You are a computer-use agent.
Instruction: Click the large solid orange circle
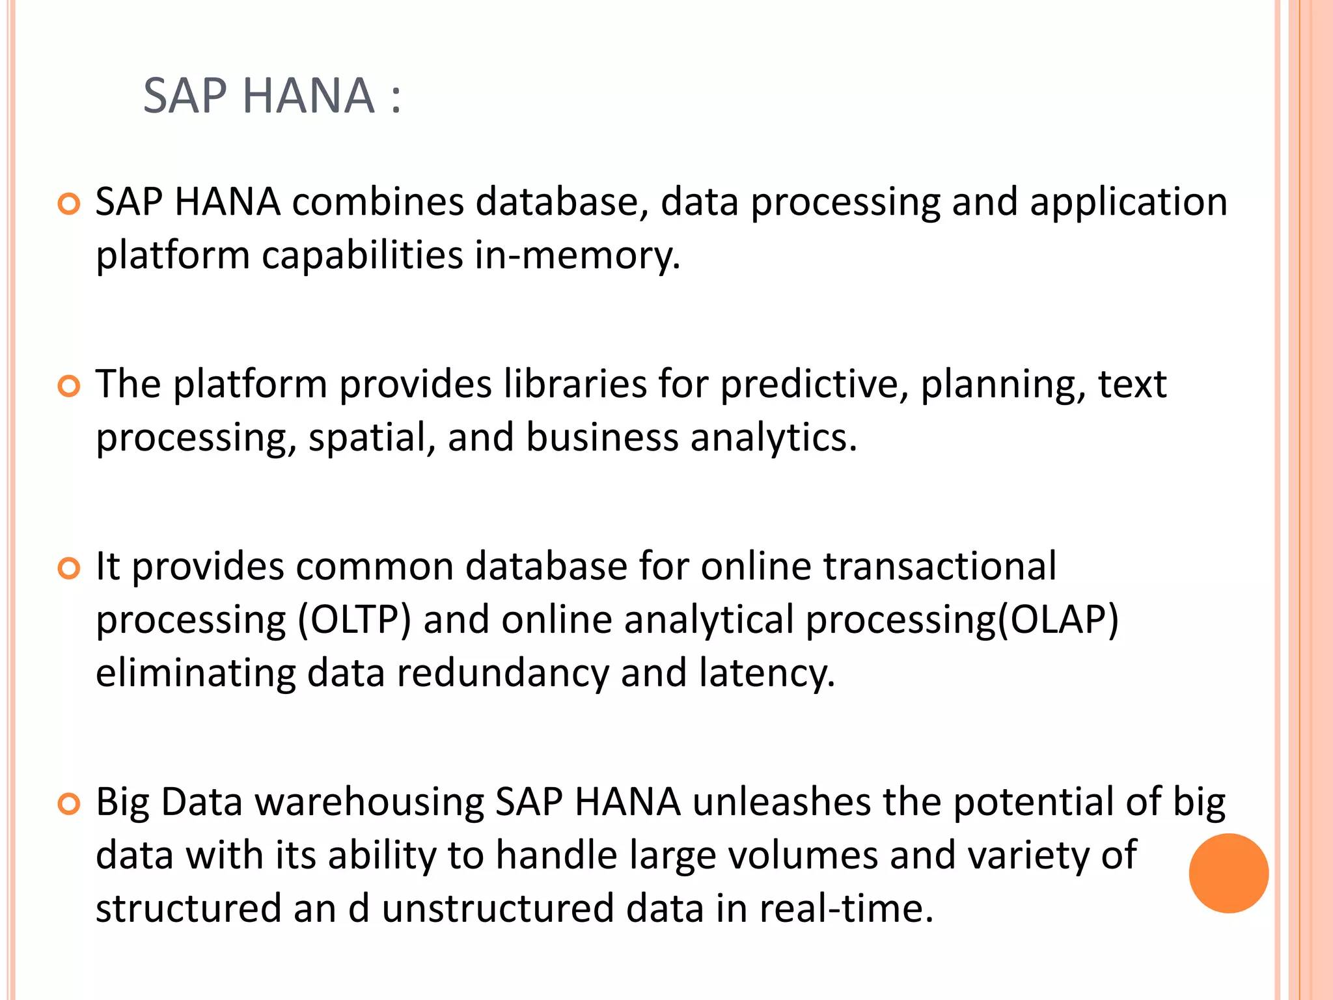[1228, 873]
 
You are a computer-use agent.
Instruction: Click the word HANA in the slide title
[309, 96]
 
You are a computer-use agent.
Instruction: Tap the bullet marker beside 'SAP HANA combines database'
[68, 204]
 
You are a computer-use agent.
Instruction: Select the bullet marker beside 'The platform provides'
[68, 387]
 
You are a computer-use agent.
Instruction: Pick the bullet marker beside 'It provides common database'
[68, 568]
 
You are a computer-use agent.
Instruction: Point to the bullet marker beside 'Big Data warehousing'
[68, 804]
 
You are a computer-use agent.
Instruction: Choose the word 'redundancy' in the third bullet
[502, 673]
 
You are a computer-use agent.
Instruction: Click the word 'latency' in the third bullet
[766, 673]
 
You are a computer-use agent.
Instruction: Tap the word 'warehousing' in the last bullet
[370, 802]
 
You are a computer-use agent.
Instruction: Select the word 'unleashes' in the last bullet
[781, 802]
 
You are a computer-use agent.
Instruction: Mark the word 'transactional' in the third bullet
[940, 566]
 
